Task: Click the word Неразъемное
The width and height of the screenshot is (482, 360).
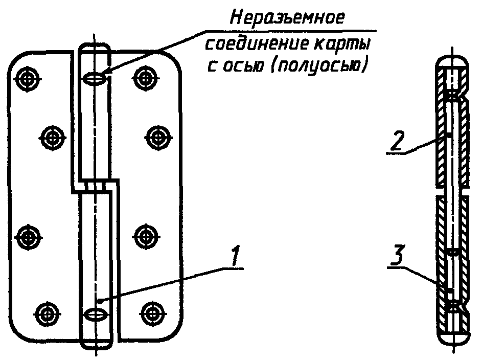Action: tap(287, 18)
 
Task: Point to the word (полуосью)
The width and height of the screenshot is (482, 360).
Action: tap(318, 66)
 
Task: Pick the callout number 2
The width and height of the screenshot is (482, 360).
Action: tap(397, 141)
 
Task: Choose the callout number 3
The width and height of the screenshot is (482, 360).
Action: tap(398, 255)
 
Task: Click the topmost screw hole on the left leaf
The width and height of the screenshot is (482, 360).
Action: tap(28, 79)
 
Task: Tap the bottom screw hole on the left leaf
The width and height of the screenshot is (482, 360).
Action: tap(47, 314)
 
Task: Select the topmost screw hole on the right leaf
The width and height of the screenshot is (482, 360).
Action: tap(145, 79)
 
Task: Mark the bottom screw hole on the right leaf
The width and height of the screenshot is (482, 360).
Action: tap(152, 314)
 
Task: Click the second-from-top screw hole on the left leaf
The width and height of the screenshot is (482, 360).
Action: tap(53, 138)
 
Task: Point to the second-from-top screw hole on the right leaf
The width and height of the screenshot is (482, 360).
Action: tap(158, 138)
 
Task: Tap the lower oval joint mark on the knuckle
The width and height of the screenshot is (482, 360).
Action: tap(96, 315)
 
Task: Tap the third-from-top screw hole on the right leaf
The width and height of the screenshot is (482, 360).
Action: tap(146, 237)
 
